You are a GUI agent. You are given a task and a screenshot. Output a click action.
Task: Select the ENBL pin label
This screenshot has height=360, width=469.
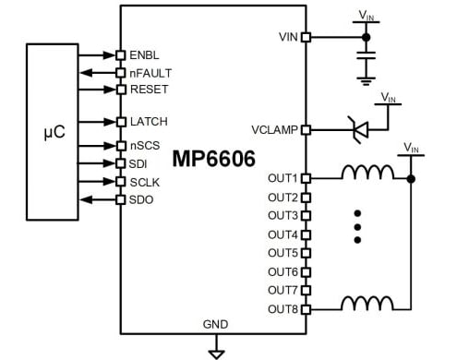click(145, 54)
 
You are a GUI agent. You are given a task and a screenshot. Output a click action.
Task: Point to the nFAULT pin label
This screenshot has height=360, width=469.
click(150, 72)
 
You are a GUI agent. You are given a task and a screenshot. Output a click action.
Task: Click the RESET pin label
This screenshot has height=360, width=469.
click(148, 90)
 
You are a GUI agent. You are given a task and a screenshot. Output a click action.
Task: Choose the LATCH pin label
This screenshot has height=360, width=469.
click(149, 122)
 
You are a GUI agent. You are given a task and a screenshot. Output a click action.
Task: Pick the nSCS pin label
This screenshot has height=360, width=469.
click(146, 146)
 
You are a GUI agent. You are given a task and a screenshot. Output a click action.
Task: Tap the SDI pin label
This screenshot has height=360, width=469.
click(139, 163)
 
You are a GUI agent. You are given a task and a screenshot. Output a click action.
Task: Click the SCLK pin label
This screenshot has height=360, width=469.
click(145, 182)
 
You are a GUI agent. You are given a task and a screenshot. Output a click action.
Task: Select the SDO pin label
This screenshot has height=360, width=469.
click(141, 199)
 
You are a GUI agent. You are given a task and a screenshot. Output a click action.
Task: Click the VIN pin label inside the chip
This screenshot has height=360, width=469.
click(287, 37)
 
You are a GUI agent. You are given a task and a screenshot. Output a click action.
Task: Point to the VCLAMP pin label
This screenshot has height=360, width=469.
click(274, 130)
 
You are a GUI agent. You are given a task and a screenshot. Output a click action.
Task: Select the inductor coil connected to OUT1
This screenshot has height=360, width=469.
click(364, 173)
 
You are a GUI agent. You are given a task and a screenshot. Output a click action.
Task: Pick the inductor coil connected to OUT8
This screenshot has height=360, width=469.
click(364, 305)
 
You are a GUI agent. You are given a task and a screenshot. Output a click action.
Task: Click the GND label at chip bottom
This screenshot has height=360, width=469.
click(216, 324)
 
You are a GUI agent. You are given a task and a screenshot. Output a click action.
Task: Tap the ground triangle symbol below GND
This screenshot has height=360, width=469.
click(216, 352)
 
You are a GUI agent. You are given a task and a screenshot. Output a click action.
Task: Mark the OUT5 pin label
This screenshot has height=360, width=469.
click(283, 253)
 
